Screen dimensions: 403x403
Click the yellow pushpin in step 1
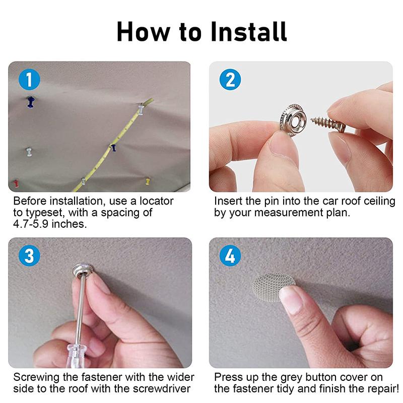tap(147, 179)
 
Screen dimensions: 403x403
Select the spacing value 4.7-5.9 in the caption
tap(35, 224)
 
